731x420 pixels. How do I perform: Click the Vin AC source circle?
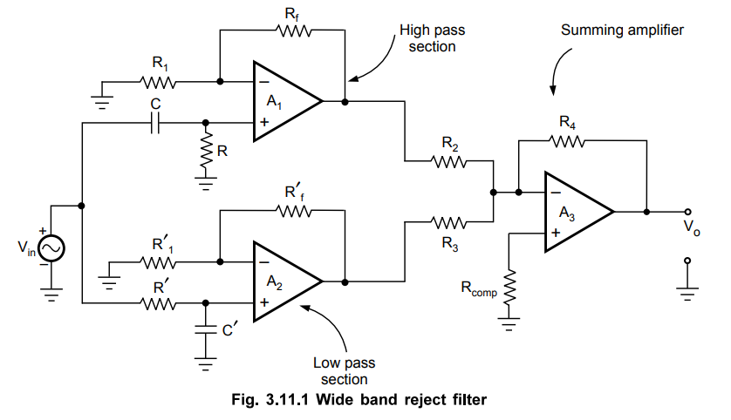click(x=50, y=248)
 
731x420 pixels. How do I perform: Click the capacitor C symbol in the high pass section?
click(x=154, y=124)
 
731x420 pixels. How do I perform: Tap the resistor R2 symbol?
click(x=448, y=161)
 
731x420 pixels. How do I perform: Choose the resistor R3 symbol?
click(x=448, y=223)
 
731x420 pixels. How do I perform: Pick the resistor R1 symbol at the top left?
click(x=159, y=83)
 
